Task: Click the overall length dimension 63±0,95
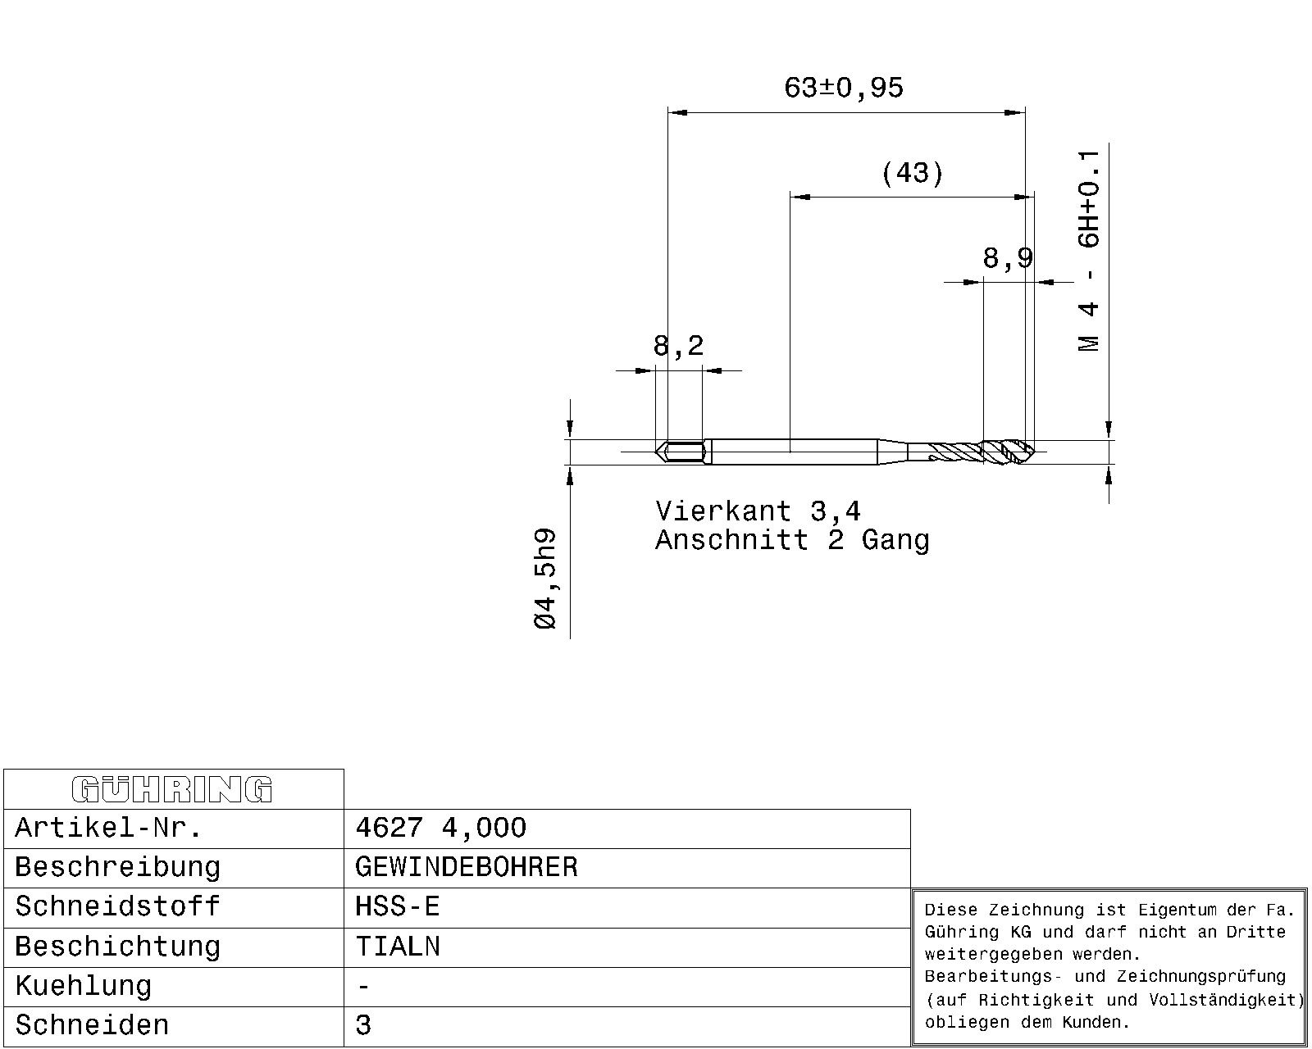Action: (x=843, y=89)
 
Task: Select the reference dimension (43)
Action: (x=912, y=174)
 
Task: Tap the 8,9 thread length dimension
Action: (x=1008, y=258)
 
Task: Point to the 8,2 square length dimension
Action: (x=679, y=346)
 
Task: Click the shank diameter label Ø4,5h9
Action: (x=545, y=579)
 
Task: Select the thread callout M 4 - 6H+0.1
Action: (x=1089, y=251)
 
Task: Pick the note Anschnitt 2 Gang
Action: (x=792, y=541)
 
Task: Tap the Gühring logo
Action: (x=172, y=789)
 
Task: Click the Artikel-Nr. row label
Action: (x=108, y=828)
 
